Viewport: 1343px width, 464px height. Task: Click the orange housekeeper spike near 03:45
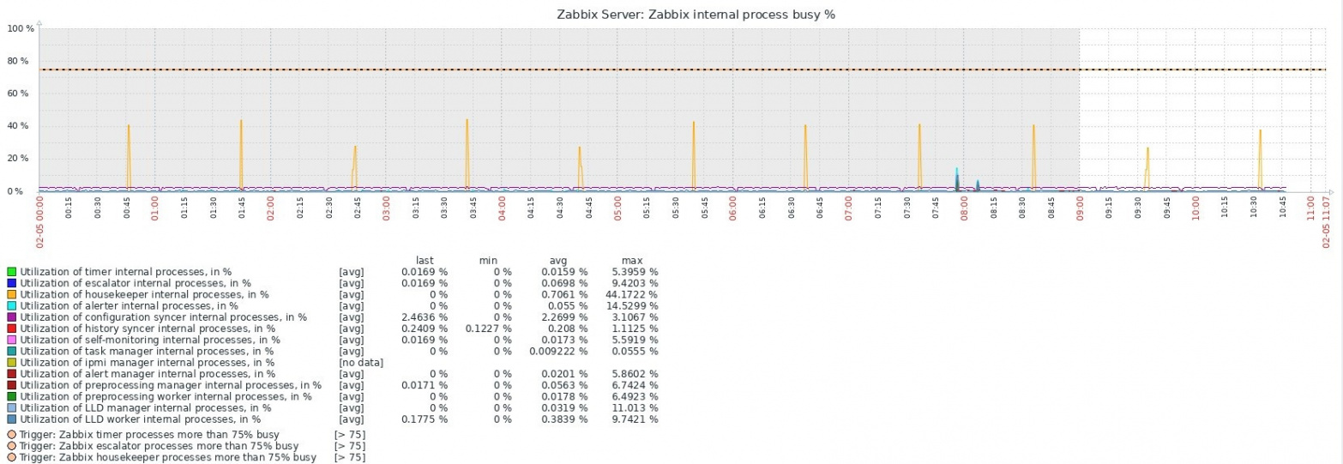point(467,122)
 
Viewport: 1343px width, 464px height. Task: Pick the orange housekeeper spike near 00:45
point(129,127)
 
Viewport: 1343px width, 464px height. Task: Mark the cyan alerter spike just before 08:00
point(956,170)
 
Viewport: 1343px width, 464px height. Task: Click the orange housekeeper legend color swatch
point(12,294)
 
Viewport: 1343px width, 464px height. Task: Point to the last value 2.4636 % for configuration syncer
point(425,317)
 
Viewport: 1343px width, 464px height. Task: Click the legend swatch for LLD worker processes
point(12,419)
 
